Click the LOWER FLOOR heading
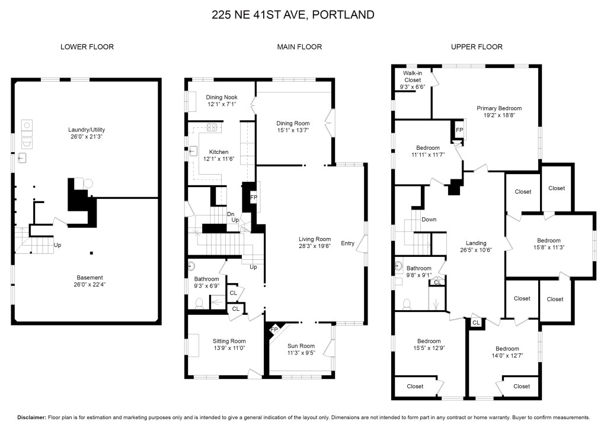(87, 47)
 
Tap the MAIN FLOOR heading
(299, 47)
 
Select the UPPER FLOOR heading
(477, 47)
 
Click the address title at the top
(293, 15)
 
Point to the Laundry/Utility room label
(87, 130)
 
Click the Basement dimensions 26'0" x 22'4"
(90, 285)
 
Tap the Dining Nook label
(222, 98)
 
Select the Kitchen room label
(219, 152)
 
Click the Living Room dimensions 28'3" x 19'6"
(315, 246)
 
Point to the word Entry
(347, 243)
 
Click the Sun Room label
(301, 346)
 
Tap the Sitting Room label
(229, 341)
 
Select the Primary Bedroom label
(499, 108)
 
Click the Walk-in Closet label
(413, 76)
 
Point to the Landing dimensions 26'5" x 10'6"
(476, 250)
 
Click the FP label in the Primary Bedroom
(459, 130)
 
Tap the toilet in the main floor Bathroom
(200, 303)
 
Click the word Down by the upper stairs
(429, 220)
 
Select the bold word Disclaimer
(32, 417)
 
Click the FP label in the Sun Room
(274, 330)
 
